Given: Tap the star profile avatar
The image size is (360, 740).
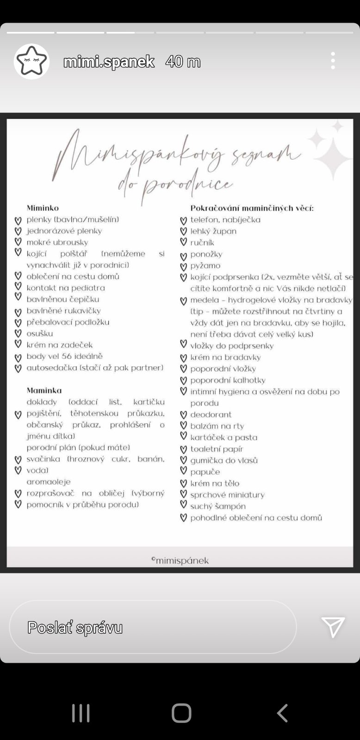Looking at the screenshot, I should (x=31, y=61).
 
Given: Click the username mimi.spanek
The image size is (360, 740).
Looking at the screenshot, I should (x=109, y=62).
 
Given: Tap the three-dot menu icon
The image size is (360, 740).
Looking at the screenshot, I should (x=333, y=61).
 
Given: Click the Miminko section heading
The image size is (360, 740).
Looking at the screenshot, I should (x=43, y=208).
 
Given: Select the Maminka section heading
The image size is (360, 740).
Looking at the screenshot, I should (x=44, y=390).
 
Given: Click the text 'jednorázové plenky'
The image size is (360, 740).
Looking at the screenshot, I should (x=64, y=231).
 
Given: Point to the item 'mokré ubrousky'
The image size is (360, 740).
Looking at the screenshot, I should (x=57, y=242).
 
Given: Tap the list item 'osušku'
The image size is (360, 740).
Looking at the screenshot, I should (x=39, y=333).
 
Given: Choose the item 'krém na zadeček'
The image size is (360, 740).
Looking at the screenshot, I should (x=59, y=345).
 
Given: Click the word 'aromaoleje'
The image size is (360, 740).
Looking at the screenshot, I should (x=48, y=482).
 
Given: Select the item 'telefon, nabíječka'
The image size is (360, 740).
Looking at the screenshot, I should (x=225, y=220).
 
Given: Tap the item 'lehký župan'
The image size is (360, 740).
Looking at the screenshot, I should (x=213, y=231).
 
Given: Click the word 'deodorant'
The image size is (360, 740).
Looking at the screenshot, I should (x=211, y=415).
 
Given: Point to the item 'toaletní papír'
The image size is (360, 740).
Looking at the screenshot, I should (x=217, y=449).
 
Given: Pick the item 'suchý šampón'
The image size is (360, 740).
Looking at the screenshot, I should (x=218, y=506).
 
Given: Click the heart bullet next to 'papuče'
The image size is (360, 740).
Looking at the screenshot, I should (x=183, y=471).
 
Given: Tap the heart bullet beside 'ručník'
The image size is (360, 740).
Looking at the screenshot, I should (x=183, y=242).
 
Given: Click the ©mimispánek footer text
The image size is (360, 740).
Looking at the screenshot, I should (x=180, y=561).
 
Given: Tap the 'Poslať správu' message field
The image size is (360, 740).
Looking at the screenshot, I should (x=153, y=627).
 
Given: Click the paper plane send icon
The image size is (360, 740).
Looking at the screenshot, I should (x=333, y=627).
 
